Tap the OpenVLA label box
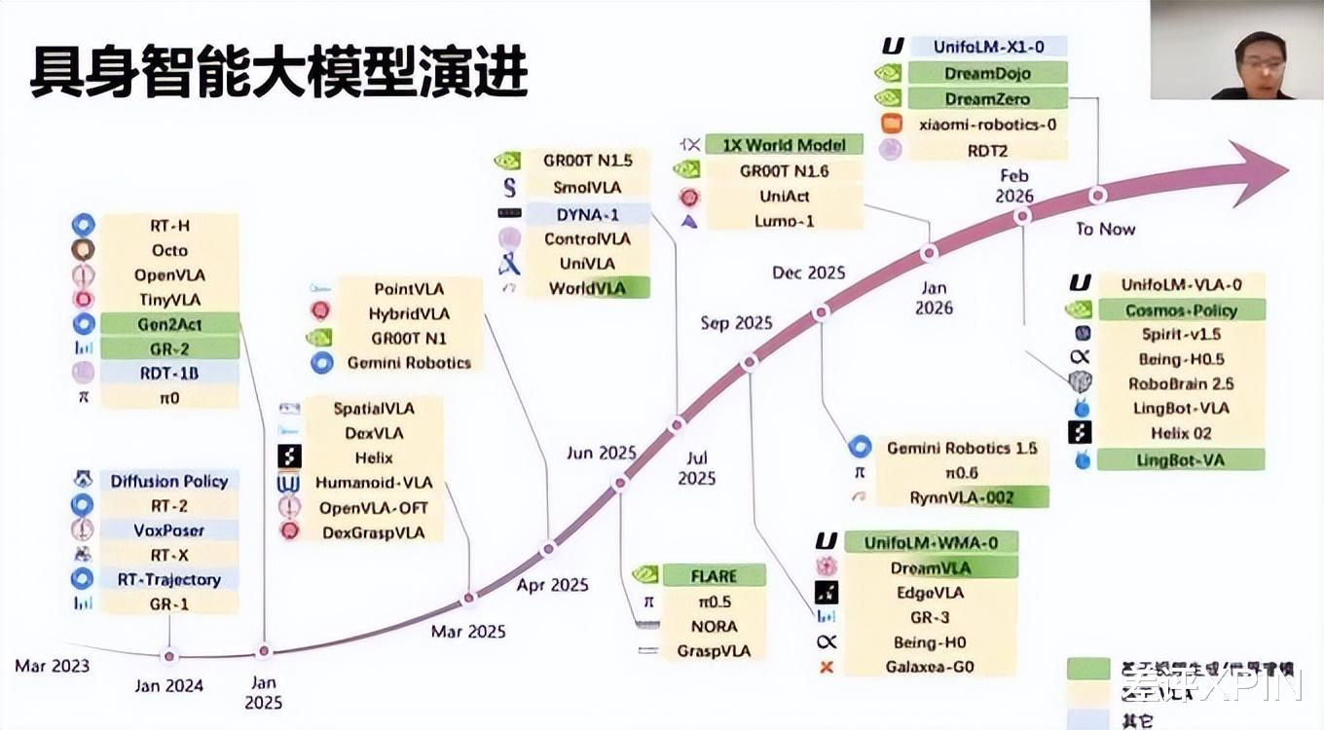click(x=169, y=275)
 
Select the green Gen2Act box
click(x=169, y=324)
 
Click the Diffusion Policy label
click(x=169, y=481)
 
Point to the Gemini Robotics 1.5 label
click(x=962, y=448)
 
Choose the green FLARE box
click(x=714, y=576)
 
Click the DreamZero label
click(x=987, y=98)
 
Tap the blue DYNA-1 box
click(x=587, y=213)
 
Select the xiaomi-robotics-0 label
click(x=987, y=125)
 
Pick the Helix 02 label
click(x=1181, y=433)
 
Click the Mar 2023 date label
click(x=53, y=666)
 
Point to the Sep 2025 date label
click(x=736, y=323)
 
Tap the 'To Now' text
click(x=1106, y=229)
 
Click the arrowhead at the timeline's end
click(x=1261, y=170)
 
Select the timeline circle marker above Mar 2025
click(x=469, y=599)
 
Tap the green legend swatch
click(x=1087, y=669)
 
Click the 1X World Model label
click(x=784, y=145)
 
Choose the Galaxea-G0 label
click(x=930, y=667)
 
